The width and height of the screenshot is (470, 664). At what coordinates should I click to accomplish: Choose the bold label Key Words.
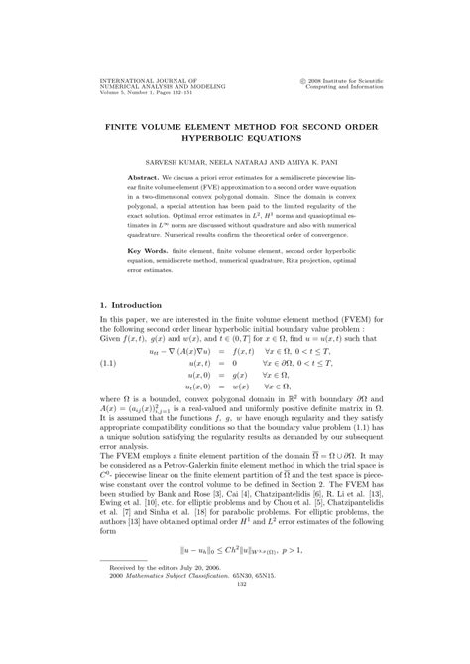pos(133,278)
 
